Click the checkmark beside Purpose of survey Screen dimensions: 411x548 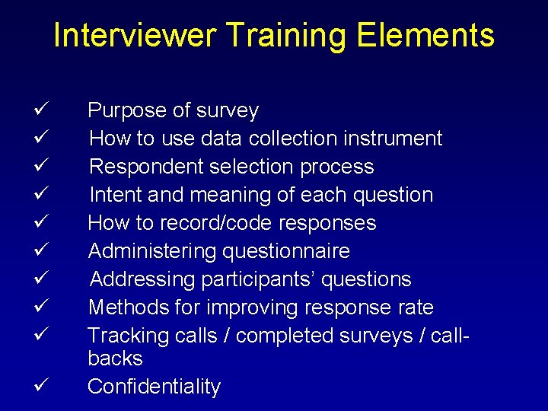42,110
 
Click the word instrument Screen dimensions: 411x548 392,139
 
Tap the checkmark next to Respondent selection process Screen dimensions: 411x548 42,167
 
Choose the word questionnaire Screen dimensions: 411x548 296,251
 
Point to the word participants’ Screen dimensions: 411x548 258,280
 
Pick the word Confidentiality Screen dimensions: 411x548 154,387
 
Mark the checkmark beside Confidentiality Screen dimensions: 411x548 42,386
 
